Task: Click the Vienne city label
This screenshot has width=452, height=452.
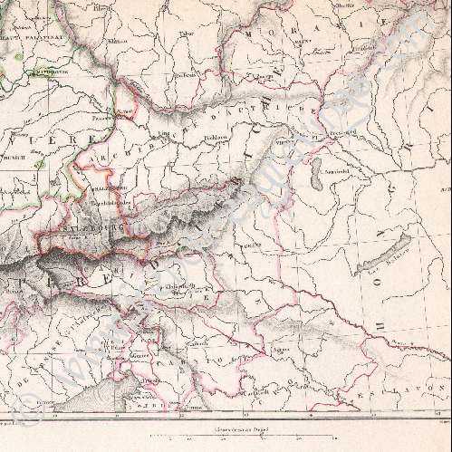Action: point(284,141)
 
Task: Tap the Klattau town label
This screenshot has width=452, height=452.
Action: point(116,41)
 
